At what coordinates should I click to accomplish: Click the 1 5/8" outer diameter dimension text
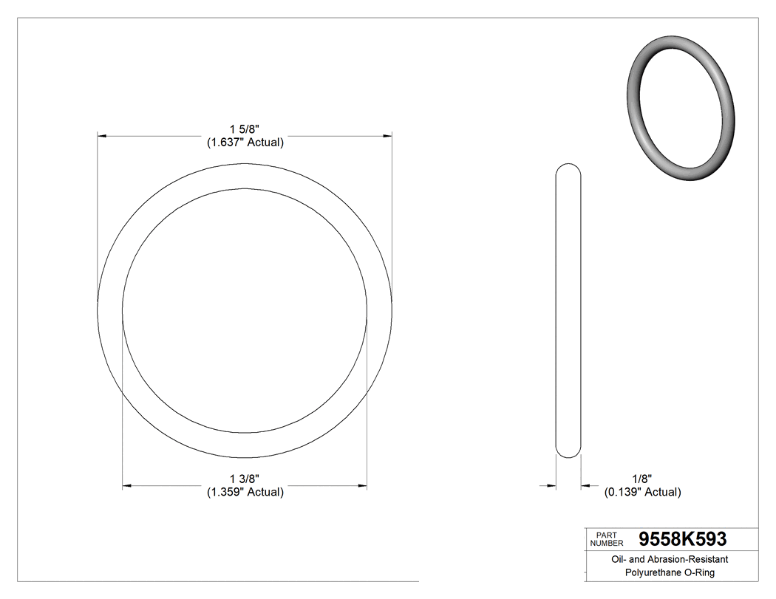point(245,129)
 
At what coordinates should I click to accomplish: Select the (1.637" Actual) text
point(245,143)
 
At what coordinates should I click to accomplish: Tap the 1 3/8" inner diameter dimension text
point(245,479)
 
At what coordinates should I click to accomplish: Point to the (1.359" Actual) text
point(245,492)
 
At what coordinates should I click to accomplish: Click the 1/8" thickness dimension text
point(641,479)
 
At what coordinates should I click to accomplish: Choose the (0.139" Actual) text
point(642,492)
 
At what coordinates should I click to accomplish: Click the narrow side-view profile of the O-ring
point(568,310)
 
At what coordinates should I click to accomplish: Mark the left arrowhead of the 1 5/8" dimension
point(103,137)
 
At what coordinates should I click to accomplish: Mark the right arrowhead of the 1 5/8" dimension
point(386,137)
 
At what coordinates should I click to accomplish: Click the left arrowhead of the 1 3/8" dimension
point(128,485)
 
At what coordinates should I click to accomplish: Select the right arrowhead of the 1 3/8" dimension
point(361,485)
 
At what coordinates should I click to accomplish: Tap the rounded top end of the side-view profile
point(568,168)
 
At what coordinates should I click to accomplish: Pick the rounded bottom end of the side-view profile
point(568,453)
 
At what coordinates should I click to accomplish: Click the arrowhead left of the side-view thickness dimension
point(551,485)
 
